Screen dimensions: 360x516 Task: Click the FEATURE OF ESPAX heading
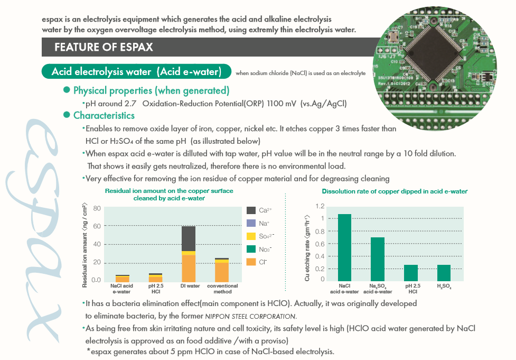tap(104, 47)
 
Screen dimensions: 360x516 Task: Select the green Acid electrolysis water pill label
tap(137, 72)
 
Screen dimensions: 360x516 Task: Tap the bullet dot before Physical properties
tap(67, 90)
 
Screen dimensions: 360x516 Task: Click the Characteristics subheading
tap(104, 115)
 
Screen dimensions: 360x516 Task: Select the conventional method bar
tap(222, 270)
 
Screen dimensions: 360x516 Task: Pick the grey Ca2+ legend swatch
tap(251, 210)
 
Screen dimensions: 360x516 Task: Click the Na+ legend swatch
tap(251, 223)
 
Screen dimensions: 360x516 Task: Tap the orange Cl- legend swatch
tap(251, 262)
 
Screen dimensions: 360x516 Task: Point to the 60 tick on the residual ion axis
tap(97, 226)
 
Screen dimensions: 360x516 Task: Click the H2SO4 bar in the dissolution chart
tap(444, 272)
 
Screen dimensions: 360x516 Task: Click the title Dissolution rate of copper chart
tap(395, 191)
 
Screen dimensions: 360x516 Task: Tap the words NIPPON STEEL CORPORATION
tap(250, 316)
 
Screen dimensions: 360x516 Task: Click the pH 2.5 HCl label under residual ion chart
tap(156, 289)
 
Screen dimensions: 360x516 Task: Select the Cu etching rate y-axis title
tap(307, 244)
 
